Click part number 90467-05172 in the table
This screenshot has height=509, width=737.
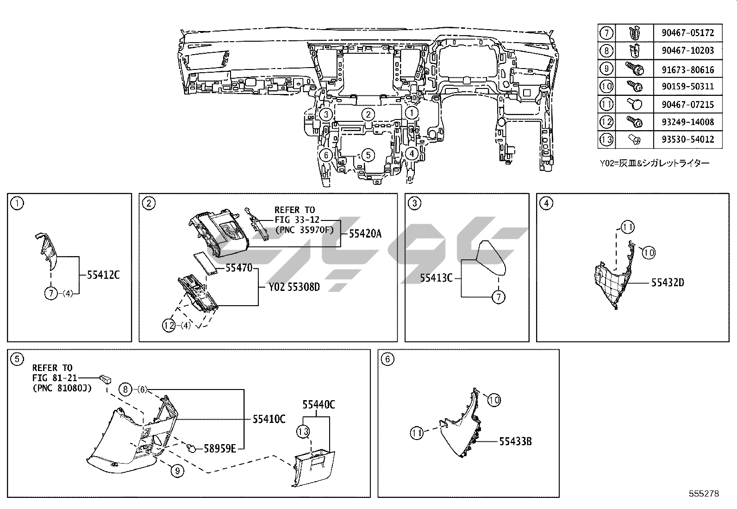coord(687,33)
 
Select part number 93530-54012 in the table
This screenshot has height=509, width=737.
coord(687,139)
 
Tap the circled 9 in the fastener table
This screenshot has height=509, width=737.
coord(606,69)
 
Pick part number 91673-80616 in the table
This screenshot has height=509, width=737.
coord(687,69)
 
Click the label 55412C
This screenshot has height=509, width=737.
coord(103,275)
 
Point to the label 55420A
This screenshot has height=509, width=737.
coord(365,234)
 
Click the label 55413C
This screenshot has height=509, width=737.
coord(436,278)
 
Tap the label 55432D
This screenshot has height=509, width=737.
coord(668,283)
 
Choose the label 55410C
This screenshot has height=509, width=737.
coord(269,419)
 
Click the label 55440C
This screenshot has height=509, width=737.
coord(319,404)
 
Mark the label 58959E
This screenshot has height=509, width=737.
coord(220,448)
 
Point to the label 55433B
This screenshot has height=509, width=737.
coord(515,441)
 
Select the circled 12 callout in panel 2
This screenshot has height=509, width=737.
coord(169,325)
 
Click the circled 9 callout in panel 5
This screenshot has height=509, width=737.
coord(177,471)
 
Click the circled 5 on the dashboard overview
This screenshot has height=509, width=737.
coord(368,155)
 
